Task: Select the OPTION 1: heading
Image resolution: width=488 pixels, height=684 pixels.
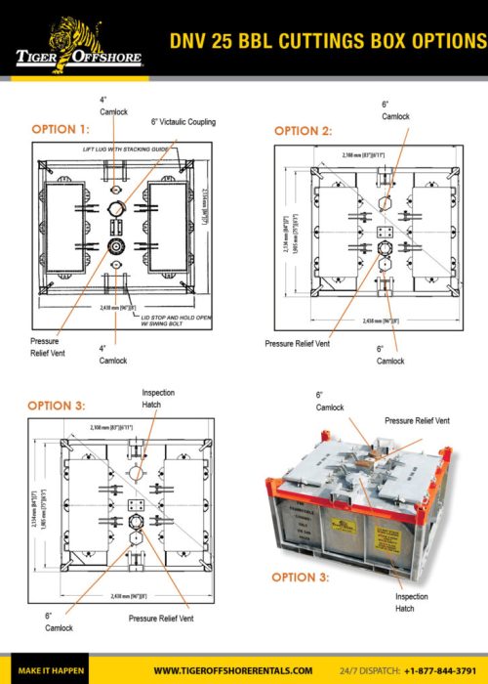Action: pos(61,129)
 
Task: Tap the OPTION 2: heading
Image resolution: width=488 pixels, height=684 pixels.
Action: pos(305,130)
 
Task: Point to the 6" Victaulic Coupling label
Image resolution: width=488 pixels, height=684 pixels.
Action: pos(183,122)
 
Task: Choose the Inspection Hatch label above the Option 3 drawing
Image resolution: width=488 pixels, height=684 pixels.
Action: pos(158,398)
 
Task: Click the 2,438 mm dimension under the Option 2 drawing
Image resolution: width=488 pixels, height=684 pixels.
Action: pos(380,321)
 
